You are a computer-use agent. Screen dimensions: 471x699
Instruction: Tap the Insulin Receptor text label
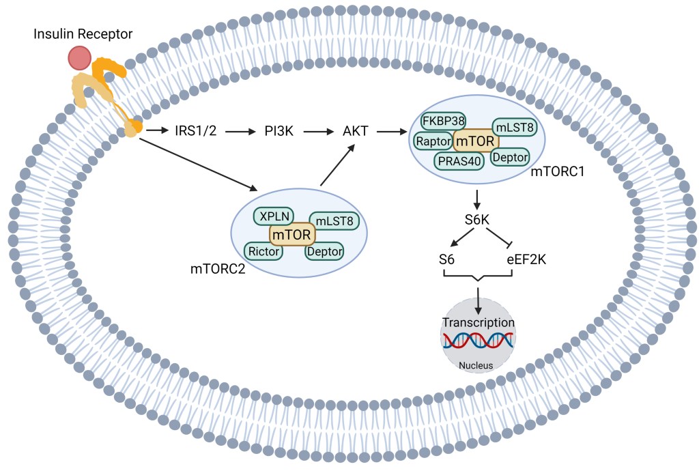click(x=83, y=33)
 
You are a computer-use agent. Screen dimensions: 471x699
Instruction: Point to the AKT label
click(x=356, y=130)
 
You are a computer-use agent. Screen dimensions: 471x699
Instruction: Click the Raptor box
click(x=433, y=140)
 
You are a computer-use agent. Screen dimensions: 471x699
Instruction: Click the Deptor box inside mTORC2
click(x=324, y=251)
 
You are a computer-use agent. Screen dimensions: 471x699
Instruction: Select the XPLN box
click(x=273, y=216)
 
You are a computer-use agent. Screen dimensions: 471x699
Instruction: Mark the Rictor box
click(x=264, y=251)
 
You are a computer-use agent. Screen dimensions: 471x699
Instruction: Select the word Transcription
click(x=478, y=322)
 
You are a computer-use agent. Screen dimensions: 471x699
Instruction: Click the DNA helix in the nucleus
click(x=478, y=340)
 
